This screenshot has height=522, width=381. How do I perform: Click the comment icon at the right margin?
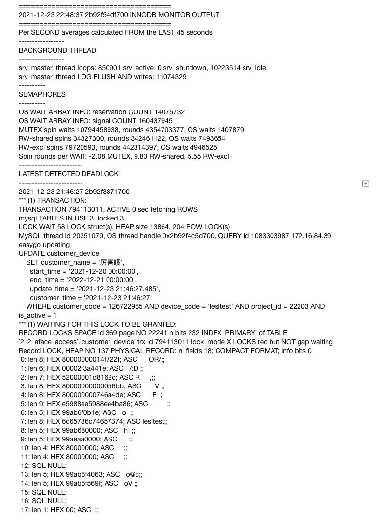(x=366, y=184)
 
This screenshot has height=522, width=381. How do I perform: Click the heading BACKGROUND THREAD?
(x=57, y=50)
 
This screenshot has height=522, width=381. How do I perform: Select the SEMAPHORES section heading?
(x=42, y=94)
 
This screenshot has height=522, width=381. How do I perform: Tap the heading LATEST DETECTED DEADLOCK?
(x=69, y=174)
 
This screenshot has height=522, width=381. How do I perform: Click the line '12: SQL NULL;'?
(x=43, y=466)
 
